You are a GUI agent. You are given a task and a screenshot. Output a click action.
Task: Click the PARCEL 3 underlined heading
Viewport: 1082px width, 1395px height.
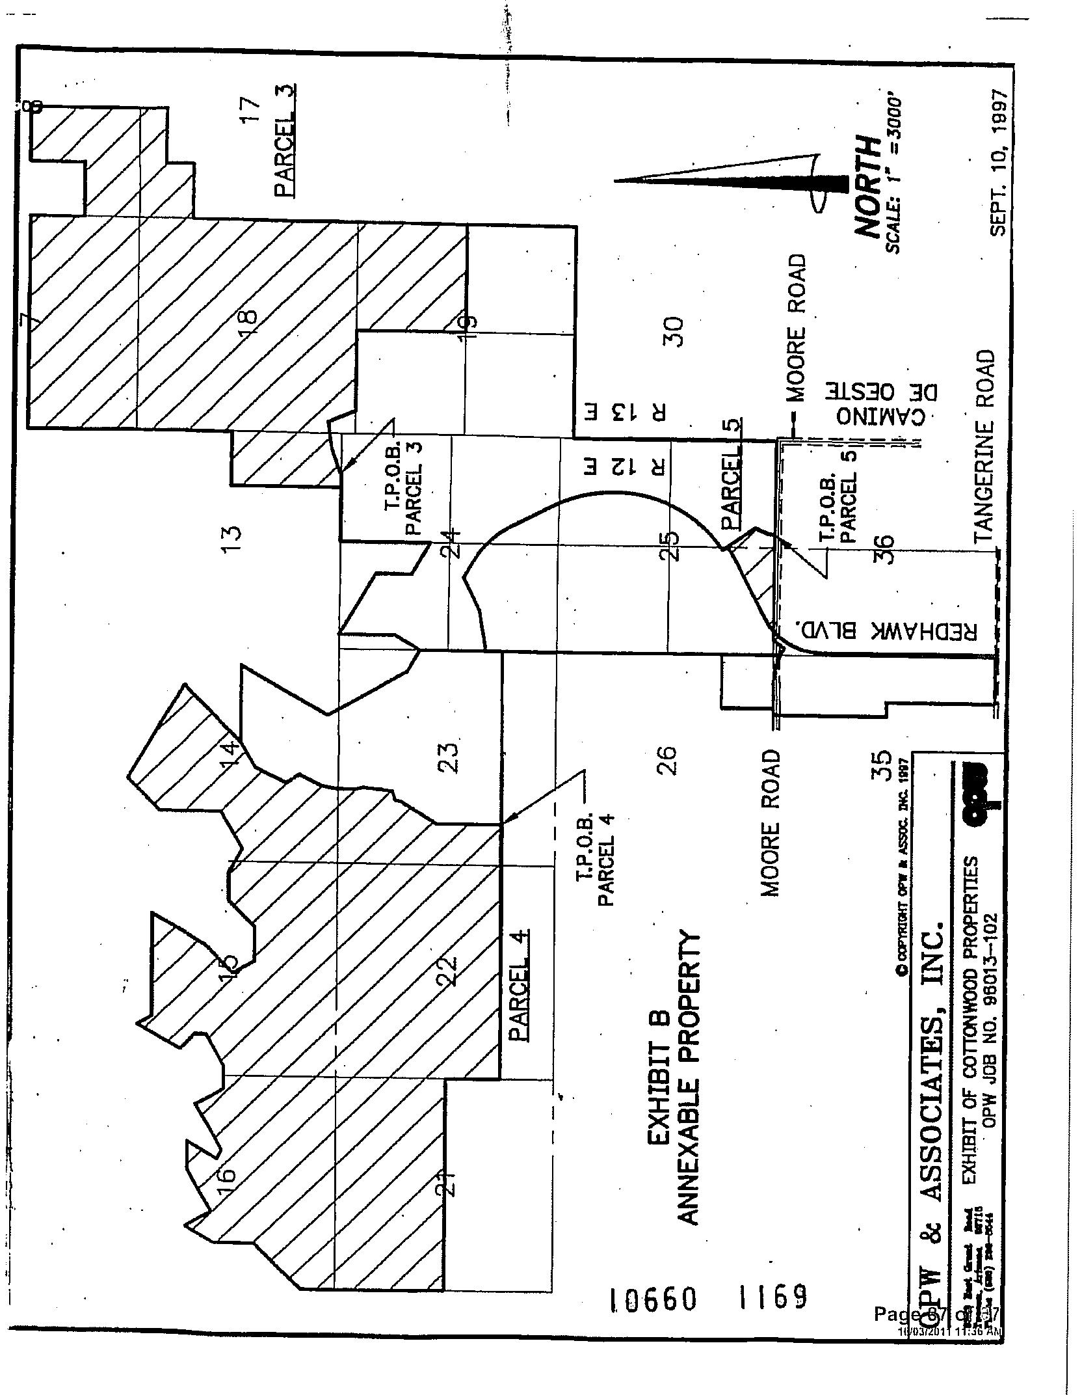point(285,140)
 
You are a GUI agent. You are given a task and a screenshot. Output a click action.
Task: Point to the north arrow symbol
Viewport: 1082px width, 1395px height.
point(732,184)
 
